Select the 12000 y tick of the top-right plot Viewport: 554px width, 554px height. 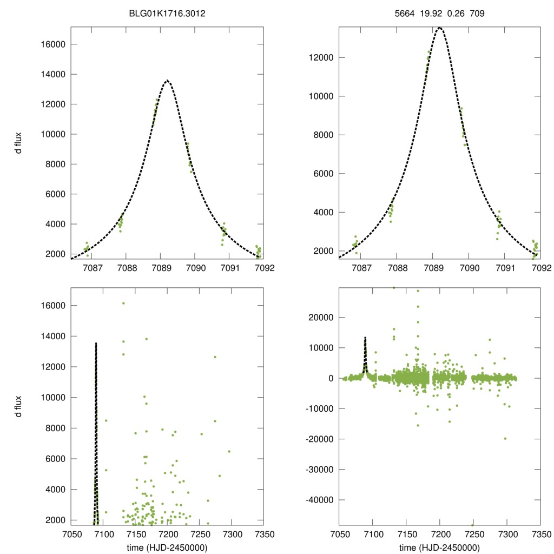(x=320, y=58)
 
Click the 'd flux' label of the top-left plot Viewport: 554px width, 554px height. (x=18, y=142)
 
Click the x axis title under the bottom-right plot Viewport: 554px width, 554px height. (x=439, y=548)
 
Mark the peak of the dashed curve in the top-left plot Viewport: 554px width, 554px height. (x=167, y=81)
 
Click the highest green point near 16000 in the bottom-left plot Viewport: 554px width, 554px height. (x=123, y=304)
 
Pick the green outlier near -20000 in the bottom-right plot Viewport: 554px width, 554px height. (x=505, y=438)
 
